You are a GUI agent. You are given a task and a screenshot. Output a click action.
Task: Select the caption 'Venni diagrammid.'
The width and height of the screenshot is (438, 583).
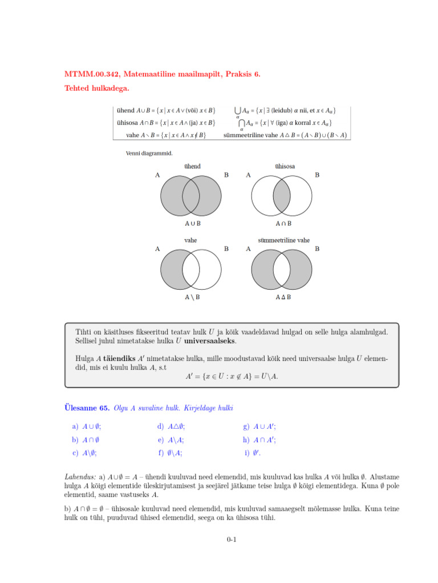[149, 153]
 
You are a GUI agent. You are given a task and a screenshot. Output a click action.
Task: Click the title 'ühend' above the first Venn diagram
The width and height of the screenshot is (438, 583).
[192, 166]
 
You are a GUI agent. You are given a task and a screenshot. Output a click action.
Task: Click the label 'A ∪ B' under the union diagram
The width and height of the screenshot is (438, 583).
[192, 223]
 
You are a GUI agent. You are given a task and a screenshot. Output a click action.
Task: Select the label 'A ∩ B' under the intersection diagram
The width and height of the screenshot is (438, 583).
[283, 223]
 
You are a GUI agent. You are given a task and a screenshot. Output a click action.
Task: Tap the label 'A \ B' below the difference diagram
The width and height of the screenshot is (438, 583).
[192, 297]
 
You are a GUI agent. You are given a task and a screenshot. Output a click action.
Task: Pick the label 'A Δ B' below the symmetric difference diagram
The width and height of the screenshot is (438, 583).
[283, 297]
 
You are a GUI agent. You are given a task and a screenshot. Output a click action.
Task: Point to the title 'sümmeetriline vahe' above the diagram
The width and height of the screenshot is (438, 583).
[284, 240]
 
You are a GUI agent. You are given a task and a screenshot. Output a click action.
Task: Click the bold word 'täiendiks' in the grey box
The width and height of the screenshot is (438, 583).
[118, 359]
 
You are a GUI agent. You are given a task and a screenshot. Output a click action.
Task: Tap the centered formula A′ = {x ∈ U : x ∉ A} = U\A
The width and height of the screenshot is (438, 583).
[232, 376]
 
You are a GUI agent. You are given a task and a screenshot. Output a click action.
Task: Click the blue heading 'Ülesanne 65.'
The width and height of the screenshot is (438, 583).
[86, 408]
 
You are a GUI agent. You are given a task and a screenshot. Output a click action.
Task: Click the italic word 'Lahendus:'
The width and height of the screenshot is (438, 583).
[80, 475]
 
